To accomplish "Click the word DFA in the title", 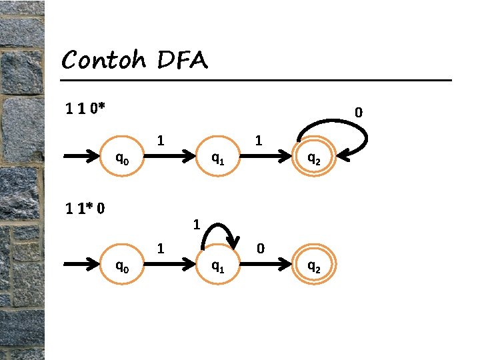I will (183, 61).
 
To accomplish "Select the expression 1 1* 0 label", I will (84, 209).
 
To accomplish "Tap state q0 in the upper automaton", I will (123, 159).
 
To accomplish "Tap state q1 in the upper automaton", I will (217, 159).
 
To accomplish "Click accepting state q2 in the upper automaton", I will (313, 159).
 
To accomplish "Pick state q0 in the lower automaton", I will (123, 267).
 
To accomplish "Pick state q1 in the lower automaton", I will (217, 267).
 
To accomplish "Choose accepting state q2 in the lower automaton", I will (313, 267).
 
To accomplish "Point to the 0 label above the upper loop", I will (359, 113).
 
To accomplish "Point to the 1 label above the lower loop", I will (197, 225).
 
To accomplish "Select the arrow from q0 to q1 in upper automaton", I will (169, 159).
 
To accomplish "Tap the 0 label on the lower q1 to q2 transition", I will (261, 249).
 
